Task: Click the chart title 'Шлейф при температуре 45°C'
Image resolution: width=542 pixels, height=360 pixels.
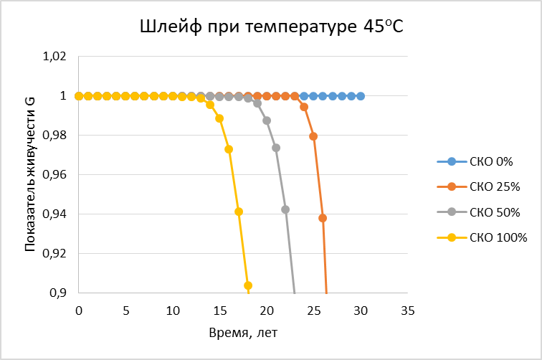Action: (272, 27)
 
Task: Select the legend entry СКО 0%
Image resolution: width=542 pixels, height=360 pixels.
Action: (475, 161)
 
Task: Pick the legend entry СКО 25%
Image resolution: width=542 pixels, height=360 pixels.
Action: (478, 186)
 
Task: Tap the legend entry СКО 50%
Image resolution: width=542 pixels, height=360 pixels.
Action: (478, 212)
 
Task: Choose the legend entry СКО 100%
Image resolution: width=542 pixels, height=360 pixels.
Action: (482, 237)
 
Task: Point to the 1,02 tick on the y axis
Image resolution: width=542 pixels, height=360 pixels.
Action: (54, 57)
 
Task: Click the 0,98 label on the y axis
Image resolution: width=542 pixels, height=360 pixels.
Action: (54, 136)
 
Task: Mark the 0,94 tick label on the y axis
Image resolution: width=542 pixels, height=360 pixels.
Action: (54, 214)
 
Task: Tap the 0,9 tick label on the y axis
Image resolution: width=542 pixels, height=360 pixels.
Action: (58, 293)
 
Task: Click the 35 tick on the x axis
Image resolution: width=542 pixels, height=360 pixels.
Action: (407, 311)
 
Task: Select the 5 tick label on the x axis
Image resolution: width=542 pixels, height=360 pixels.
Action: (126, 311)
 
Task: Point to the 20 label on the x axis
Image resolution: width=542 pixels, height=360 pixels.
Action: (267, 311)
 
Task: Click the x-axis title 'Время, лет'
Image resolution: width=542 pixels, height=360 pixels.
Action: (243, 333)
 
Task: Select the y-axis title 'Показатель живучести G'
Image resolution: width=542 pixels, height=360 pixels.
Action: (30, 174)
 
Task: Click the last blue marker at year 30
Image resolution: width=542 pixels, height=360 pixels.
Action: (361, 96)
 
